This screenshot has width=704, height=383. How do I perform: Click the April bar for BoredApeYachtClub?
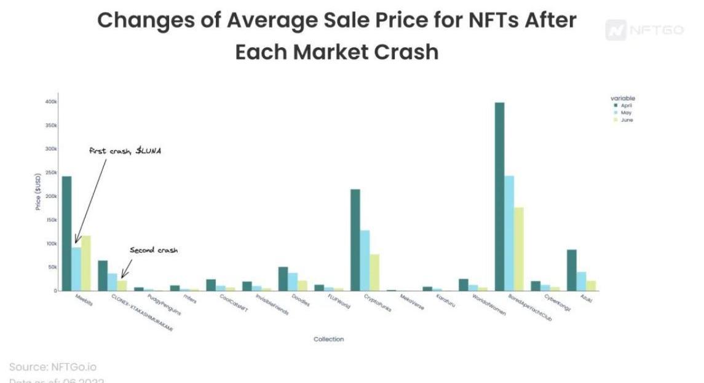pos(499,197)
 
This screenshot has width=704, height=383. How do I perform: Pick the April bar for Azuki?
pos(571,270)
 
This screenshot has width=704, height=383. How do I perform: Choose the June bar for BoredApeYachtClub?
pos(519,249)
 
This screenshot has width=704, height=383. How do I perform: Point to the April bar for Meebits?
pos(66,234)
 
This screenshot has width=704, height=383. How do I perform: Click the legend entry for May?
pos(625,113)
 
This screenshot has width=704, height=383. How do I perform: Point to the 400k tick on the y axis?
pos(51,101)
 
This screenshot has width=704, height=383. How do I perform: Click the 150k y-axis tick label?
pos(51,220)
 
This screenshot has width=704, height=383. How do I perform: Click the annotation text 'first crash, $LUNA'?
pos(125,151)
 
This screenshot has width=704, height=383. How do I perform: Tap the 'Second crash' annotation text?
pos(153,250)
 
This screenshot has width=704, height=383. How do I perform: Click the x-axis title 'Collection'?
pos(328,339)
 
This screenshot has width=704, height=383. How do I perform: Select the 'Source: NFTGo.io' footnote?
pos(53,367)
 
